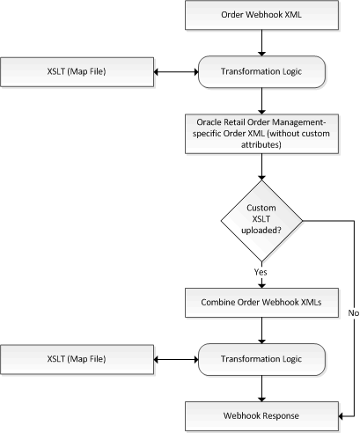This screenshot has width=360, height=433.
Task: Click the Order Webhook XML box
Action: point(261,15)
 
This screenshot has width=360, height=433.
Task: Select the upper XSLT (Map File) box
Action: point(77,72)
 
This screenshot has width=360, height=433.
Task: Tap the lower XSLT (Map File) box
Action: point(77,359)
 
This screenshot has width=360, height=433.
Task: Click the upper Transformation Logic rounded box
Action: point(261,72)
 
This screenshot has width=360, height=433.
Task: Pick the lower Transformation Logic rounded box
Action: point(261,359)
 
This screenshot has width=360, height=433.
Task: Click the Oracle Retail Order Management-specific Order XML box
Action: point(261,134)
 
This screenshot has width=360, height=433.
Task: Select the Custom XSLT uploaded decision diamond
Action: point(261,221)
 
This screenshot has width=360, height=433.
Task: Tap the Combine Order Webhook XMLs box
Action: point(261,303)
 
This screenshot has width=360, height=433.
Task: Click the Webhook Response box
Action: point(261,416)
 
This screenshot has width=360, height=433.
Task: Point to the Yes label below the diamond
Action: point(261,272)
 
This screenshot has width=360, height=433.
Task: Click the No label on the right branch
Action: point(354,313)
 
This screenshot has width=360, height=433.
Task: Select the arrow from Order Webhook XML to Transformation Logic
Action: point(261,43)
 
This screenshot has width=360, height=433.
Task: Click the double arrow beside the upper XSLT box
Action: point(176,72)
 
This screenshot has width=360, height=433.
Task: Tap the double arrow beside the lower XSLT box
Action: point(176,359)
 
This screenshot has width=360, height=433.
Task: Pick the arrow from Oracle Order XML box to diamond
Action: point(261,166)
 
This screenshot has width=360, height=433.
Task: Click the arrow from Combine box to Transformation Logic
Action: point(261,330)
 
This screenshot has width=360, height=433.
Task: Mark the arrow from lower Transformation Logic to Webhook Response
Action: point(261,388)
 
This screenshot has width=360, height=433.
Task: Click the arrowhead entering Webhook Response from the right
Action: point(341,416)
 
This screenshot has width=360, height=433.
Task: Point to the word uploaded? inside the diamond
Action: point(261,231)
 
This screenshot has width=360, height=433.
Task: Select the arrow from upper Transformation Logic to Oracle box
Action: point(261,101)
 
